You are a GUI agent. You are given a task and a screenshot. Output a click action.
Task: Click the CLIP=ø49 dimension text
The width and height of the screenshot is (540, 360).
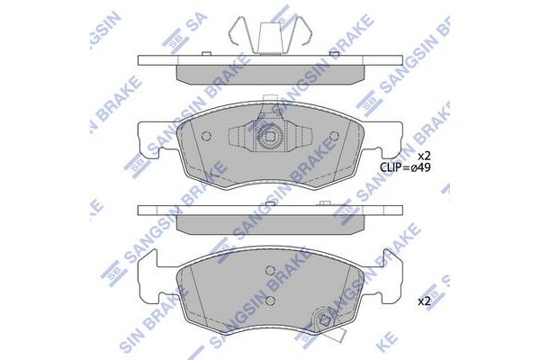[x=405, y=167]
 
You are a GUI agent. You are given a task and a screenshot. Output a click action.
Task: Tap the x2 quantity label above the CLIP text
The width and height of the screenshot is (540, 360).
[x=424, y=156]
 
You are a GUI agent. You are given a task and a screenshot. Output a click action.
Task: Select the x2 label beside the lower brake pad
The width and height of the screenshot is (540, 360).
[x=424, y=301]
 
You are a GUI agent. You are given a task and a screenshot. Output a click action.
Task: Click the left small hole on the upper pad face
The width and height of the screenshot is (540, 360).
[x=206, y=137]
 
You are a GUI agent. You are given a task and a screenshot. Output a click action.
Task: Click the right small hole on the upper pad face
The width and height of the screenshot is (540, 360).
[x=334, y=137]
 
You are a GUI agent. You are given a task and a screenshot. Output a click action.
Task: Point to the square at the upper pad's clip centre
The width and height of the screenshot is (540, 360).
[x=270, y=137]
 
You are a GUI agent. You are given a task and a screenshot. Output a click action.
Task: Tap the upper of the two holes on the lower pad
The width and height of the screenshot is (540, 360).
[x=270, y=271]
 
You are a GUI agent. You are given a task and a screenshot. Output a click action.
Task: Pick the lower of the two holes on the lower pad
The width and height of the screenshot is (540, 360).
[x=270, y=301]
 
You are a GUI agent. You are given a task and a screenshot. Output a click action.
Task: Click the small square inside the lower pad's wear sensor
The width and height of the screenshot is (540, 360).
[x=324, y=321]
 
